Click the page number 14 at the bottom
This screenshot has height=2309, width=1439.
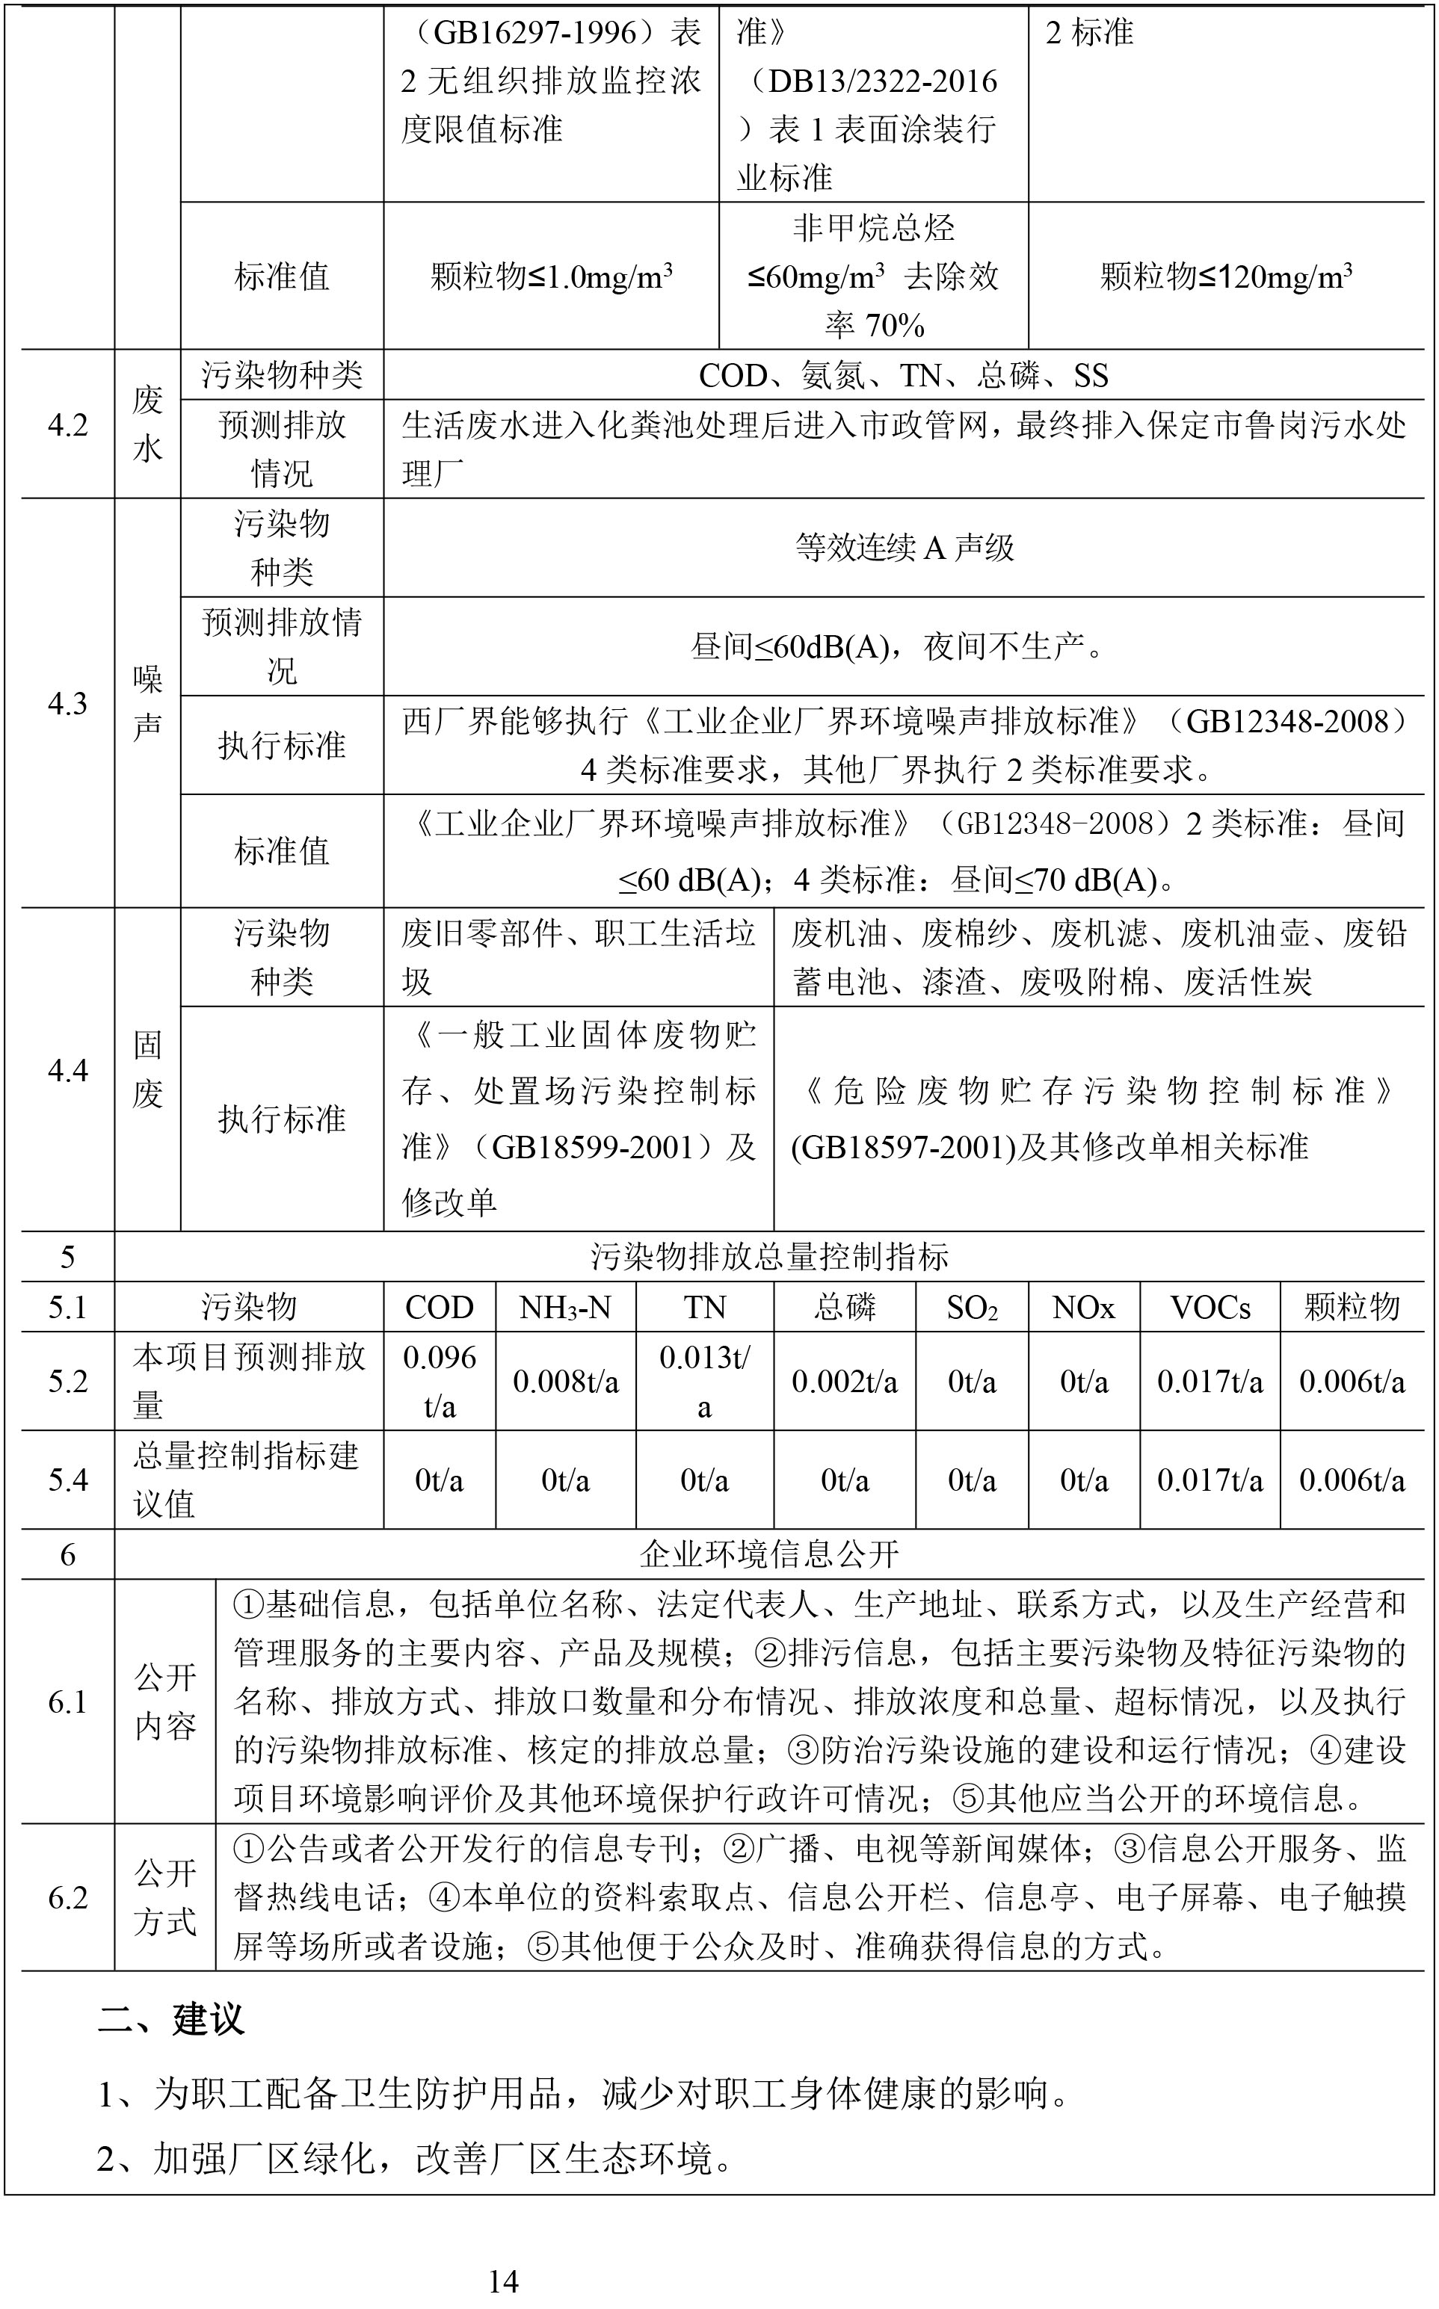(502, 2280)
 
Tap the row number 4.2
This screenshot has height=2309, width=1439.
(67, 425)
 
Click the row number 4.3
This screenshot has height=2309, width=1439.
(67, 704)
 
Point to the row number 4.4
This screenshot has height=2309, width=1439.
(67, 1070)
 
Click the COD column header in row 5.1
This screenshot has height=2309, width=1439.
(439, 1307)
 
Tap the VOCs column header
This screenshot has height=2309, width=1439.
(1210, 1307)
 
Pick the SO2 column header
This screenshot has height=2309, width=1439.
(972, 1307)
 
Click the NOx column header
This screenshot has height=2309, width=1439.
(1083, 1307)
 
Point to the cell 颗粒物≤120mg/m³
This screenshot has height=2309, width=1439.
(1227, 276)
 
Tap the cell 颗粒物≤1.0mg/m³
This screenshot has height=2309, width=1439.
(551, 276)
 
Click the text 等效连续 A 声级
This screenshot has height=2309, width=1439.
(904, 547)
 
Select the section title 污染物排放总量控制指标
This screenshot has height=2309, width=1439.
(769, 1257)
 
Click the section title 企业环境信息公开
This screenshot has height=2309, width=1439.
(769, 1554)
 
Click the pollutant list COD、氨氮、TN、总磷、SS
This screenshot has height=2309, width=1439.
(904, 376)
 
